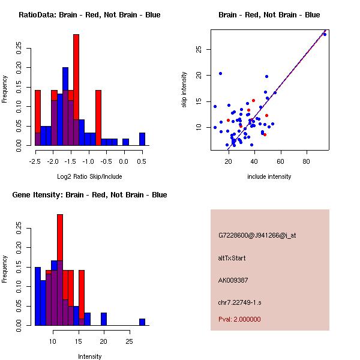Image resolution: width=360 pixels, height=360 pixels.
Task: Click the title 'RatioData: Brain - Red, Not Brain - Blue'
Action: pos(89,15)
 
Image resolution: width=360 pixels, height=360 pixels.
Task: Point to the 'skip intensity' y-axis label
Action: pos(184,90)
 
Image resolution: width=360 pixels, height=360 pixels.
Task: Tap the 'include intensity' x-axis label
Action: pos(269,176)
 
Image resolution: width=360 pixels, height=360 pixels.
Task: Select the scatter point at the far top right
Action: pos(325,34)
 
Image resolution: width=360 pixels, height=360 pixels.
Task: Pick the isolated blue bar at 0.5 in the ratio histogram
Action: pos(142,139)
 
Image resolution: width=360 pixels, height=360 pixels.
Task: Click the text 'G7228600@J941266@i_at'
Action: pos(257,235)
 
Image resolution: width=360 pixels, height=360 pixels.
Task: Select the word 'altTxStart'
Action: pos(232,258)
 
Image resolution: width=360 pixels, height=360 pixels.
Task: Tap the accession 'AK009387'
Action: pos(233,280)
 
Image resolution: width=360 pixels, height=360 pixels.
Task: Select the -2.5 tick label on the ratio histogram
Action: pos(35,161)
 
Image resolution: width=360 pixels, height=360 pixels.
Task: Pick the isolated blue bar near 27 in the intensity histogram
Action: pos(142,322)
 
